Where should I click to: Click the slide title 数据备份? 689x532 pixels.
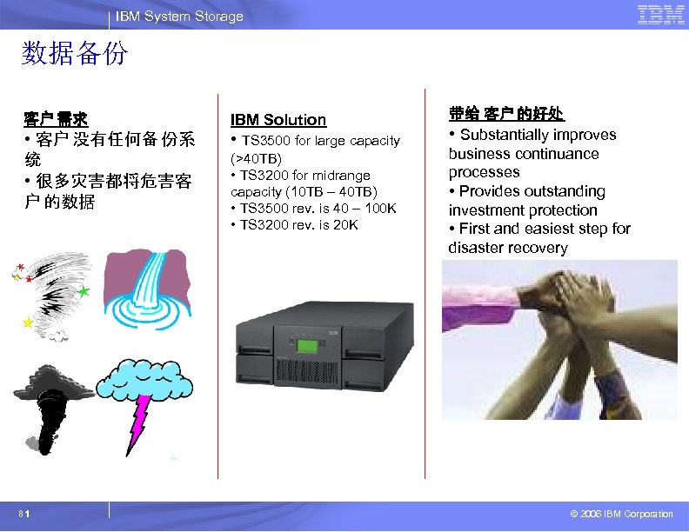(74, 55)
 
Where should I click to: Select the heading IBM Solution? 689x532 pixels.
(278, 120)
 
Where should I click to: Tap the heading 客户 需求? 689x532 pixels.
(56, 118)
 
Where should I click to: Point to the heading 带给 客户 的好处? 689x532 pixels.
(506, 114)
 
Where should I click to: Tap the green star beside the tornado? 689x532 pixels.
(84, 292)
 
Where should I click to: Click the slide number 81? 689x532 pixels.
(29, 514)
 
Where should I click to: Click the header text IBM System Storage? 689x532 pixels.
(179, 17)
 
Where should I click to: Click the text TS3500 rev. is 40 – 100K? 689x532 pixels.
(313, 209)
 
